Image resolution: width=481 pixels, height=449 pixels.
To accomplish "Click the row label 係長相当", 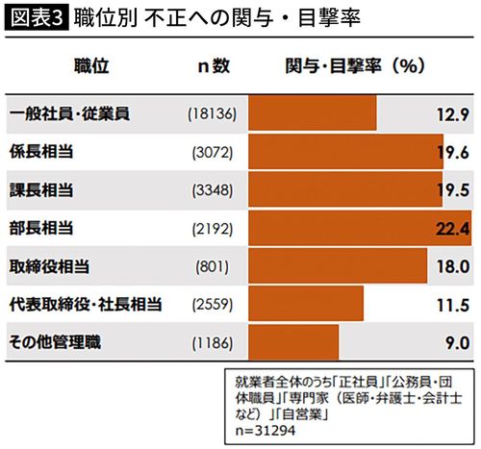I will point(42,152).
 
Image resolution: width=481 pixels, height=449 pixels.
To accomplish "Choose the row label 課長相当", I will point(42,189).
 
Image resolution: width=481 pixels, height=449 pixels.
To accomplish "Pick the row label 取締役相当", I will point(50,265).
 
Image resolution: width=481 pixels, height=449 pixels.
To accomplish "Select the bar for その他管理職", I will point(293,341).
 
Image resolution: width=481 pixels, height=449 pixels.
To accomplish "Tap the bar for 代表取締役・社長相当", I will point(306,304).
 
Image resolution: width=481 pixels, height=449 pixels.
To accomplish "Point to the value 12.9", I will point(449,114).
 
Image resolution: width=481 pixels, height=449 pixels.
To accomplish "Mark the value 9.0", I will point(454,341).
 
